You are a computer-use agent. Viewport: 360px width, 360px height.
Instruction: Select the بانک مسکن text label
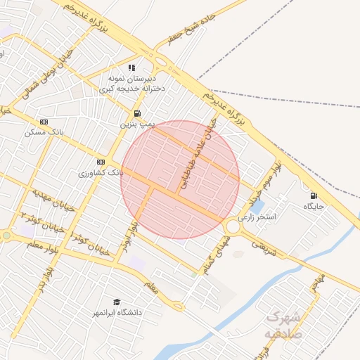coord(44,131)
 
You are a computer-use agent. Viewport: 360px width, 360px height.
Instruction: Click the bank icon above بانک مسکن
coord(44,122)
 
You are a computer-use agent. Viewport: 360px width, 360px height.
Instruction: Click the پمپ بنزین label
coord(135,124)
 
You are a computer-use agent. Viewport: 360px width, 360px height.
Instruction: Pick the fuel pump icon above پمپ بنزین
coord(136,113)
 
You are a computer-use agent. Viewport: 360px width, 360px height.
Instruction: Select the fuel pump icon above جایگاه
coord(313,195)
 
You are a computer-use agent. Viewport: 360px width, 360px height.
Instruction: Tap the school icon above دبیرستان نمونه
coord(132,68)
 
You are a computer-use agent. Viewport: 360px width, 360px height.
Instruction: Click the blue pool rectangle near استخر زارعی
coord(257,207)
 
